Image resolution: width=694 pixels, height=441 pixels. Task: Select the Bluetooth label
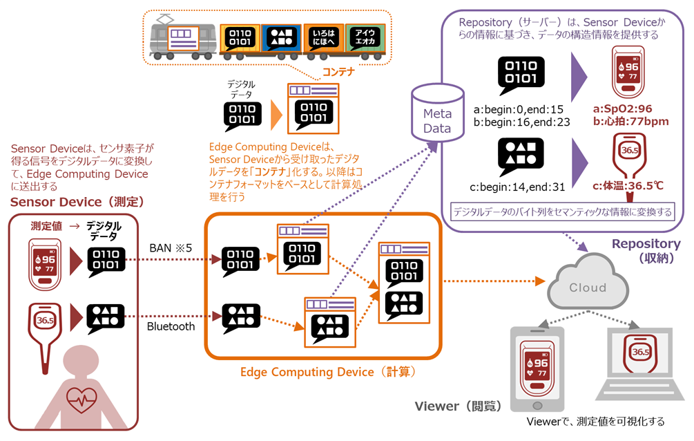171,326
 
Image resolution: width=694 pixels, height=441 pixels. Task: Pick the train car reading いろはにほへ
321,39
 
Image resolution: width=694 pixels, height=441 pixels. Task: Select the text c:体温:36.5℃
626,185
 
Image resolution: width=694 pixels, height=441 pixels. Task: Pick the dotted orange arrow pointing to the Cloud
490,281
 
